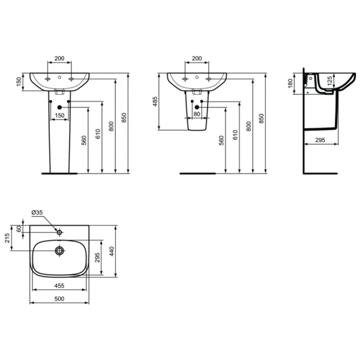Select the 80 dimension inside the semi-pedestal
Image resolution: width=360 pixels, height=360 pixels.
(x=196, y=114)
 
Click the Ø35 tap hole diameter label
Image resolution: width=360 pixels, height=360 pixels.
(x=37, y=212)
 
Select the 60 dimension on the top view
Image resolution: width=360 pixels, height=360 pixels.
(x=19, y=229)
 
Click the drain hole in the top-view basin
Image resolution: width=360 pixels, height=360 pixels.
(x=60, y=250)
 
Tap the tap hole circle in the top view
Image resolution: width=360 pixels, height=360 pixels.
(x=60, y=232)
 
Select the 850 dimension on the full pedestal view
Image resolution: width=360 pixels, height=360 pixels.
(x=124, y=119)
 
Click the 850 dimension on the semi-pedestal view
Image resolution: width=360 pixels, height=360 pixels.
(x=261, y=119)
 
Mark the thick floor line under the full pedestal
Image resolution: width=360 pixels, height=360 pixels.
(x=59, y=173)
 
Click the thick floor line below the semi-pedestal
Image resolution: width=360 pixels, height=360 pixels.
(x=197, y=173)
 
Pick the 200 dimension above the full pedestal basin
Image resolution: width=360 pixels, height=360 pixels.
(x=59, y=59)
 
